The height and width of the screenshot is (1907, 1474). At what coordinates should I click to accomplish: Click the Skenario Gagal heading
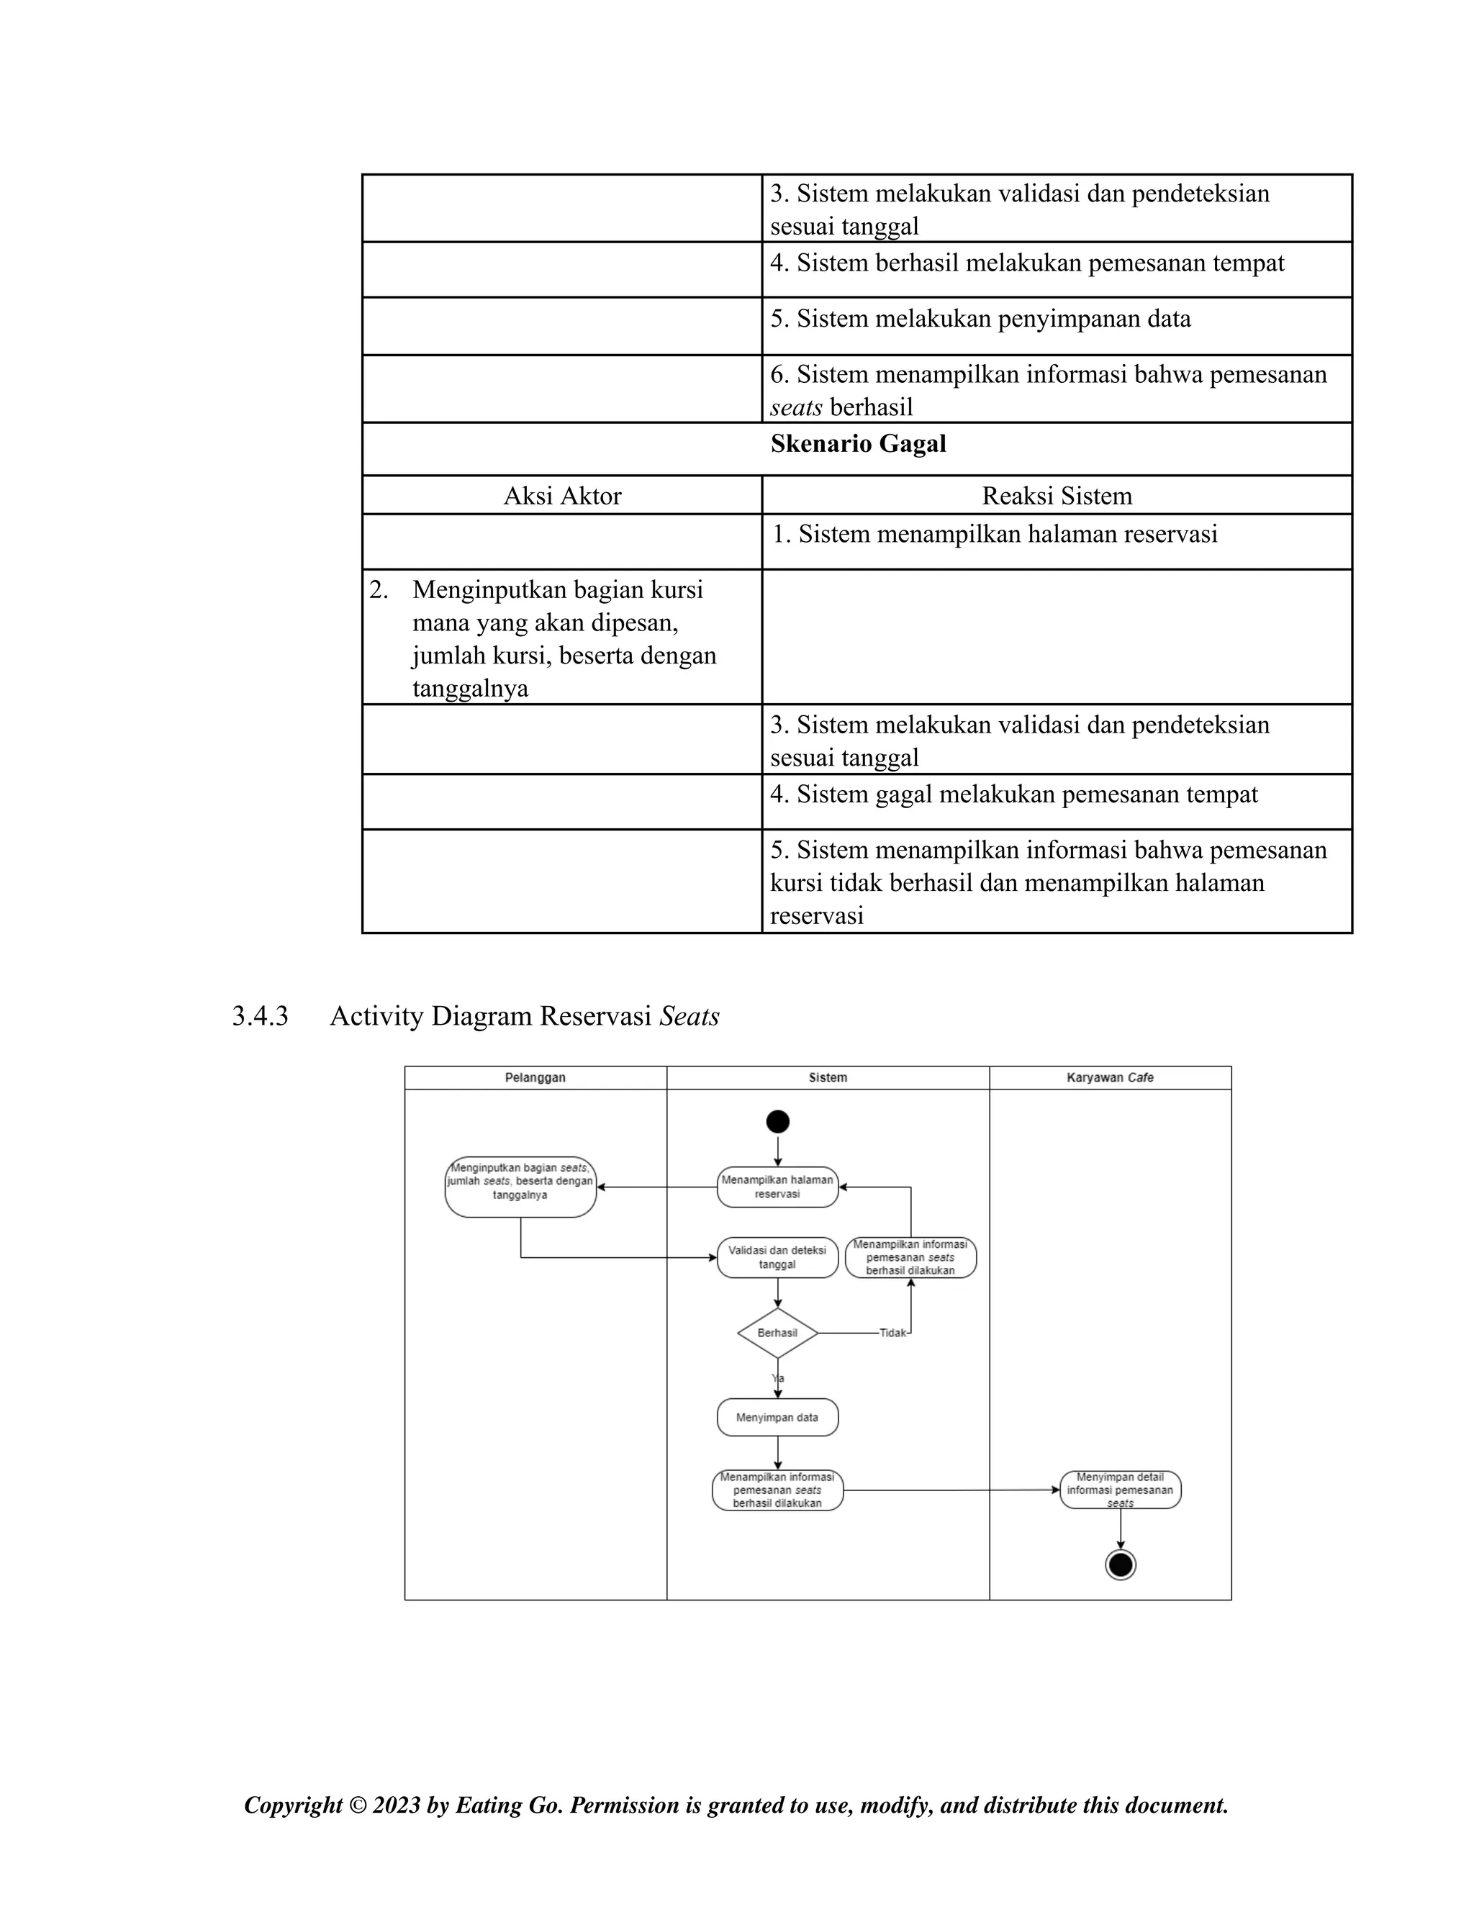857,445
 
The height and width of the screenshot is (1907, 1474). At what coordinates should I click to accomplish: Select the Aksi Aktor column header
562,496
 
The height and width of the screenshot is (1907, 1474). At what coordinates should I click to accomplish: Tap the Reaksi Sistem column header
1057,496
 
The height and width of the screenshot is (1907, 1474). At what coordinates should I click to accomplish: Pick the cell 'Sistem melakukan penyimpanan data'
980,319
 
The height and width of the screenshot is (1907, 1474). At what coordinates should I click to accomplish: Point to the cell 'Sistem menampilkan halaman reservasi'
995,535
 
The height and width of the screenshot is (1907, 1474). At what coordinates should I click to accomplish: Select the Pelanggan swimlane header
535,1077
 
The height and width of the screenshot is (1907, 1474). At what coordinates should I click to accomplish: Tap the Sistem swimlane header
828,1077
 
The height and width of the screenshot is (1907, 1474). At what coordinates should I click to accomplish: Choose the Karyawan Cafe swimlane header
1110,1077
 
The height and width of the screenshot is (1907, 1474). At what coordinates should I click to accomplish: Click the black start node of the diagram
777,1122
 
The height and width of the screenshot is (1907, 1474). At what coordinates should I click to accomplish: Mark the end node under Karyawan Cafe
1121,1564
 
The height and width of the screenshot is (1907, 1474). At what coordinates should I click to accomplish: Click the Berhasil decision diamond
777,1333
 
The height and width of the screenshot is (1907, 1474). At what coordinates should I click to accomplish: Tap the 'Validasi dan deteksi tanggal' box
777,1257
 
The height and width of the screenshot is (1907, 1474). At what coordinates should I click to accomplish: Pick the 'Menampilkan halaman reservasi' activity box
777,1187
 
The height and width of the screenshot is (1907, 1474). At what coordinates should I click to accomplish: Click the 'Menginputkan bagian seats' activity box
520,1186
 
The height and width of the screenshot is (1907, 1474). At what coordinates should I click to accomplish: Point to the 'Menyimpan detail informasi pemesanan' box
1121,1490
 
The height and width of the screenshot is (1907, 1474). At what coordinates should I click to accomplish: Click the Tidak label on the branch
893,1333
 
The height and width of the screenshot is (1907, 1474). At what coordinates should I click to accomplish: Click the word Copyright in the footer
294,1805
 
